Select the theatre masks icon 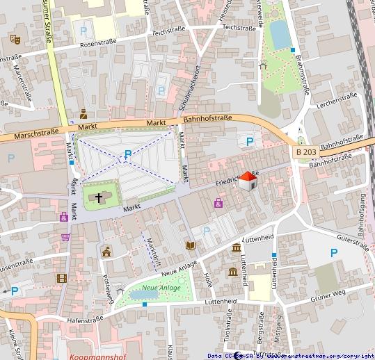pyautogui.click(x=14, y=38)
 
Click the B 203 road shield pyautogui.click(x=305, y=152)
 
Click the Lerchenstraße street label pyautogui.click(x=337, y=101)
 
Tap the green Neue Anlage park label pyautogui.click(x=161, y=288)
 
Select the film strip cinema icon pyautogui.click(x=62, y=278)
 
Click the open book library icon pyautogui.click(x=190, y=245)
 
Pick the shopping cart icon pyautogui.click(x=65, y=236)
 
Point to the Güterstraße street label pyautogui.click(x=352, y=240)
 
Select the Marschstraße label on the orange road pyautogui.click(x=35, y=132)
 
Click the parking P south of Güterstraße pyautogui.click(x=334, y=253)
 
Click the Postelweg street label pyautogui.click(x=109, y=284)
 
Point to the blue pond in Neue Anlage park pyautogui.click(x=144, y=295)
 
